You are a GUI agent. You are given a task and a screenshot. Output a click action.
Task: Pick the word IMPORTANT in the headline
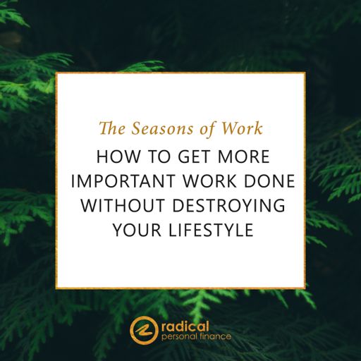click(123, 180)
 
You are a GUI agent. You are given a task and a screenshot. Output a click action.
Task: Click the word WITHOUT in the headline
click(122, 205)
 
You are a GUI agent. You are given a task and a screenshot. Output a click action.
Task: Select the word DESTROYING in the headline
click(228, 205)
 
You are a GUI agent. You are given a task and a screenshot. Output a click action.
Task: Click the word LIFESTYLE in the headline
click(211, 230)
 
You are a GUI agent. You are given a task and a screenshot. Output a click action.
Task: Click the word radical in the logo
click(185, 327)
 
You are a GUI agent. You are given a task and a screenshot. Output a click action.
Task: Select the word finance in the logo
click(216, 336)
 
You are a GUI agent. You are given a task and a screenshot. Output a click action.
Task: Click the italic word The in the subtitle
click(112, 128)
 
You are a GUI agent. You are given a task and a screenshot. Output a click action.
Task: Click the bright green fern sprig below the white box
click(200, 303)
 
